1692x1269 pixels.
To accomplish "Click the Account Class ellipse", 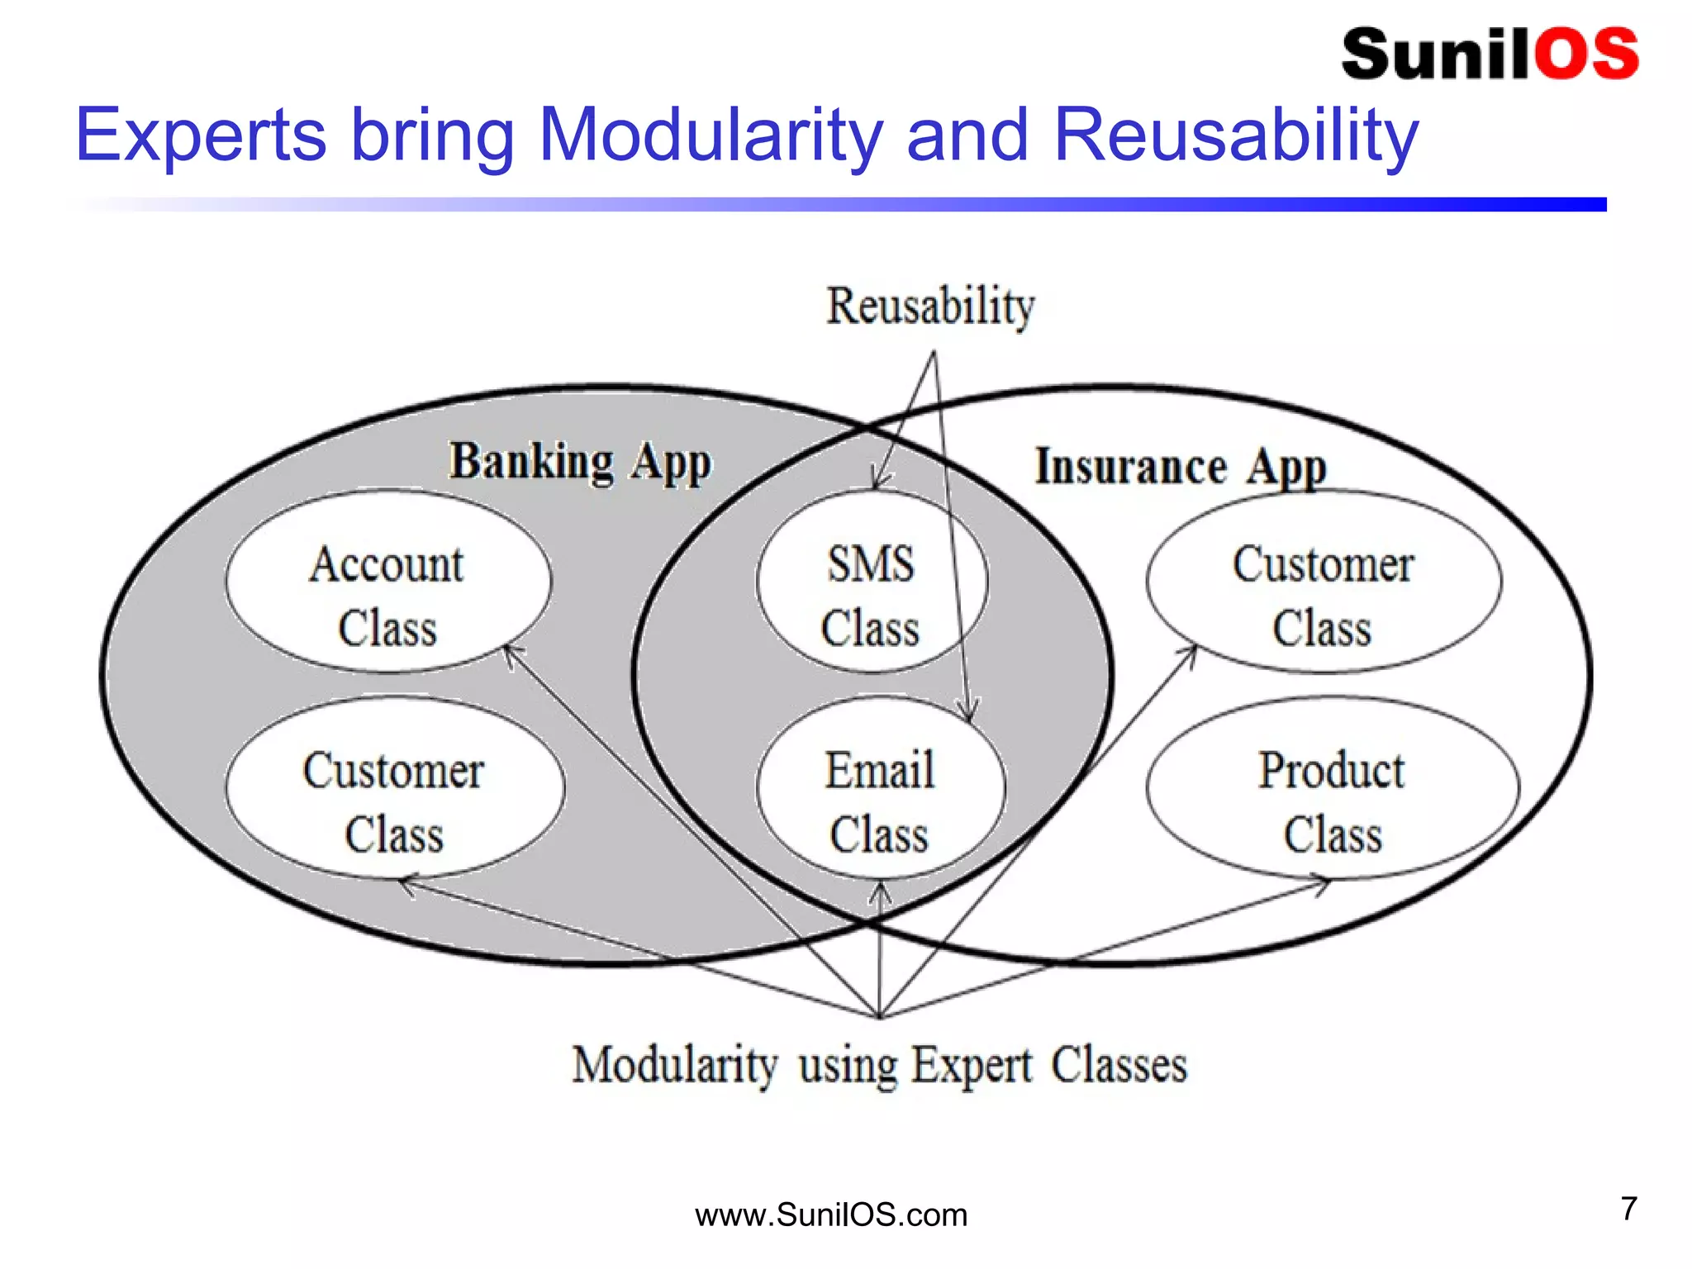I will tap(387, 581).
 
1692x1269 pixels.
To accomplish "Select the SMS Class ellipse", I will tap(871, 581).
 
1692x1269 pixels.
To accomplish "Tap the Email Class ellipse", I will tap(880, 787).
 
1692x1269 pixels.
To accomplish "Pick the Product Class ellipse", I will tap(1332, 787).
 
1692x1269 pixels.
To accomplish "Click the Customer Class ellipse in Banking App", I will tap(394, 787).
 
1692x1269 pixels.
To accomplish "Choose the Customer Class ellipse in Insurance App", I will tap(1323, 581).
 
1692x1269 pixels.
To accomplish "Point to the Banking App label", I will tap(579, 463).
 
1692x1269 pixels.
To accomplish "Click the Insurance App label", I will tap(1181, 468).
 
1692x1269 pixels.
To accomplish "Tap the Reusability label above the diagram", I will tap(930, 307).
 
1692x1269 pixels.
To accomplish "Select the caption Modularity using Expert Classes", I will tap(879, 1065).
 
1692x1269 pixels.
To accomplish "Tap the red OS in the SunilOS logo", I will tap(1586, 55).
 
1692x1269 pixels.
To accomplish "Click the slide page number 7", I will tap(1628, 1209).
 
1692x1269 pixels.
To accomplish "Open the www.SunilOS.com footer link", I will tap(831, 1215).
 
